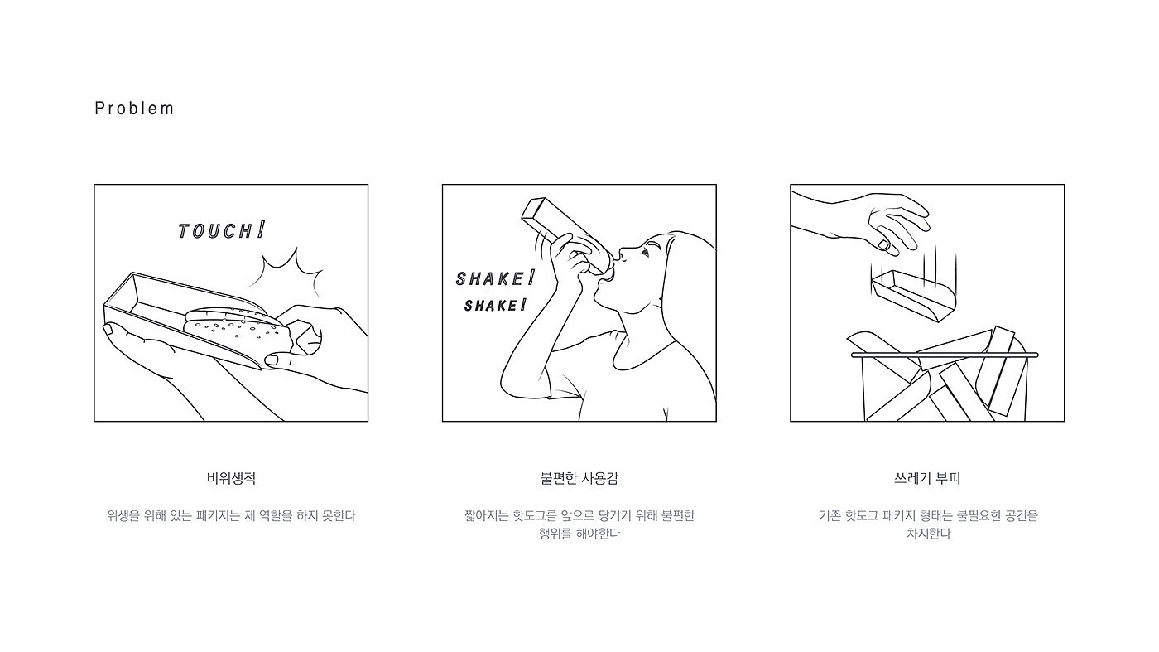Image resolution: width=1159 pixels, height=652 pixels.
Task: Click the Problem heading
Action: pos(134,109)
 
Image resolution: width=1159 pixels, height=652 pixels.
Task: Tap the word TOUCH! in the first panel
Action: pos(222,230)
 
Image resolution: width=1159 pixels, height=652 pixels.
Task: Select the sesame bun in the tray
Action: pos(235,329)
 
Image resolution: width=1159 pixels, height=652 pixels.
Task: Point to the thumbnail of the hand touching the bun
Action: pos(272,360)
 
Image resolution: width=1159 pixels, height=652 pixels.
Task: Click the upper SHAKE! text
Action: pos(495,278)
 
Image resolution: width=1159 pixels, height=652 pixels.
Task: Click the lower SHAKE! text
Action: pos(495,305)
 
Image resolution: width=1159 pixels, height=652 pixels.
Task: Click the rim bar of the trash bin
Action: pos(945,355)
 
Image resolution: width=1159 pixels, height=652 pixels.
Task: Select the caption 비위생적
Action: pos(231,478)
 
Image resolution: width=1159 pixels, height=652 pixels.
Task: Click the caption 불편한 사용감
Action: pos(579,478)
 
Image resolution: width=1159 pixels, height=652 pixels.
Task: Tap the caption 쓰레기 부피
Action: pos(927,478)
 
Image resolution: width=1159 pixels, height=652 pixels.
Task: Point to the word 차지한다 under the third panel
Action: pos(928,534)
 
